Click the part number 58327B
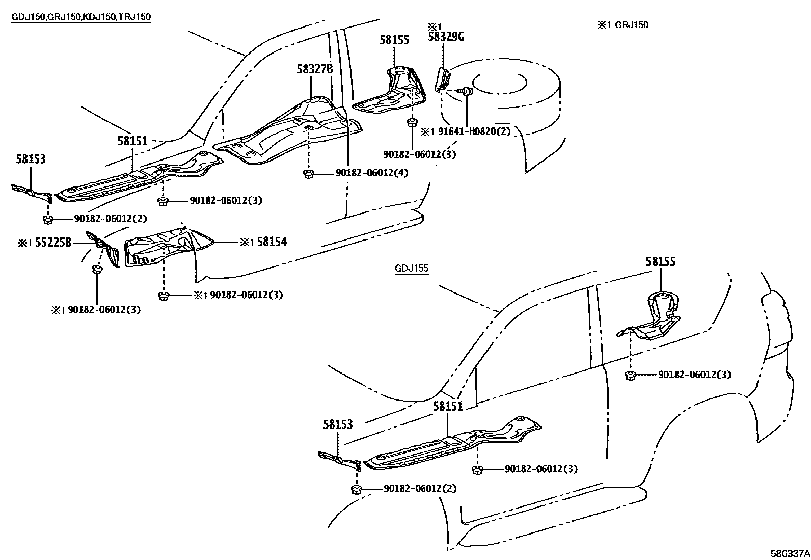(x=314, y=69)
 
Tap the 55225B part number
(x=53, y=243)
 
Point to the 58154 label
(x=272, y=242)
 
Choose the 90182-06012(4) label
(x=372, y=173)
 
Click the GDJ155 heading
(x=412, y=269)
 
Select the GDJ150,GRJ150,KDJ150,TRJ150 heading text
(x=81, y=17)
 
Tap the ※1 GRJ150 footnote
(x=623, y=24)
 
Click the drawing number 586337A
(x=790, y=553)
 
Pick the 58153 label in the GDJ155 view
(x=337, y=424)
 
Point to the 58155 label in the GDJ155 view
(x=661, y=262)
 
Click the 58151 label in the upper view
(x=132, y=141)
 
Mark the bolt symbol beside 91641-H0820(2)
(x=468, y=92)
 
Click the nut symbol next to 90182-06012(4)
(x=308, y=174)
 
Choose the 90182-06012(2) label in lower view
(x=420, y=488)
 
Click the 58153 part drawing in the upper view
(x=32, y=192)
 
